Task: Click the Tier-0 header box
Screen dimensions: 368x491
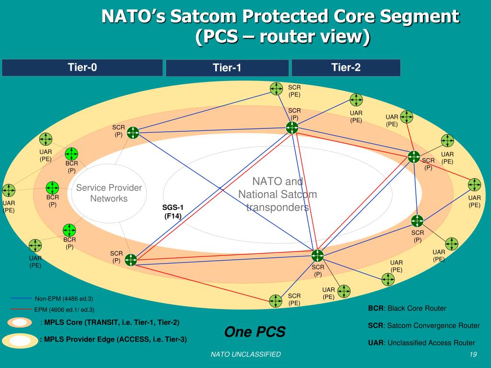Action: (x=82, y=68)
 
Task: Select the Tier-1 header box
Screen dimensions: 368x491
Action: (x=227, y=68)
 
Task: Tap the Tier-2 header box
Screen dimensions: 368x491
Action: (x=346, y=68)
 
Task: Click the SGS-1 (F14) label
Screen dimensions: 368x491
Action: (x=173, y=211)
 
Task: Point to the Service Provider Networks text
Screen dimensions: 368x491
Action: (x=109, y=193)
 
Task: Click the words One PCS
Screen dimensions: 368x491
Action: (x=255, y=332)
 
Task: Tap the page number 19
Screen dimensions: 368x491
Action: (x=473, y=354)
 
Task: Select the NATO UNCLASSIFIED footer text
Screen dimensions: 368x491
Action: (x=245, y=354)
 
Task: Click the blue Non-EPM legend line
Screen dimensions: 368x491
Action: (x=20, y=299)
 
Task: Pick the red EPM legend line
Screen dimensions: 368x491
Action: (x=20, y=310)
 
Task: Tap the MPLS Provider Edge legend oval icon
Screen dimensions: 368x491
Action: (x=20, y=340)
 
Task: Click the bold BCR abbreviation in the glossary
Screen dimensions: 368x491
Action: (x=375, y=308)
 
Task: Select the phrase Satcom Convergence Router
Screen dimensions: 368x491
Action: (x=433, y=326)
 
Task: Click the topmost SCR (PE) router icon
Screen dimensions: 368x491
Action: (x=276, y=89)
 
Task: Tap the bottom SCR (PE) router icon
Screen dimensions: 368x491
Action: (x=276, y=301)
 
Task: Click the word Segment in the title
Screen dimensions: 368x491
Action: (x=426, y=17)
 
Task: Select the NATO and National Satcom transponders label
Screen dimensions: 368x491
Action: (x=278, y=195)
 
